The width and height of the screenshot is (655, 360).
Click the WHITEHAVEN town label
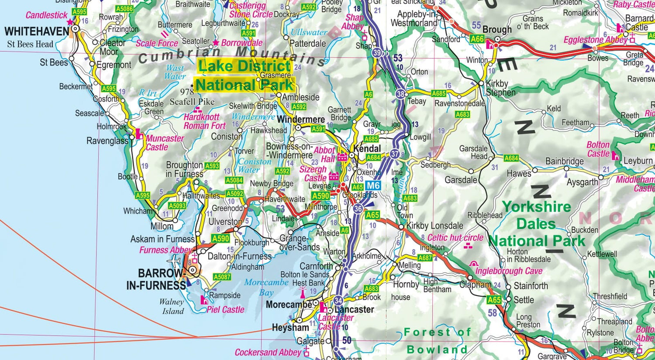tap(37, 31)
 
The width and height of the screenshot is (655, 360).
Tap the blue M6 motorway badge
tap(373, 185)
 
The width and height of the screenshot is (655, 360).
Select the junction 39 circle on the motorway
tap(377, 53)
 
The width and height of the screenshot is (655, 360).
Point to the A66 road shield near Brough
tap(477, 39)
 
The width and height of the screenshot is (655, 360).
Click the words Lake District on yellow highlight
tap(244, 66)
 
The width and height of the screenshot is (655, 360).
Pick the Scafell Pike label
tap(192, 102)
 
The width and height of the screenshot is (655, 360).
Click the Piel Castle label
tap(225, 309)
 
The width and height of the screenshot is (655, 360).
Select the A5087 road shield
tap(222, 277)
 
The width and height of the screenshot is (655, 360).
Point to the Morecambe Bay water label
tap(266, 287)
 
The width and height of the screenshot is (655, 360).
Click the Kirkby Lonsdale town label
tap(434, 226)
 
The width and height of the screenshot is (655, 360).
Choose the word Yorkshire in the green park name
tap(537, 207)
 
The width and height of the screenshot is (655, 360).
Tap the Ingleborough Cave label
tap(509, 271)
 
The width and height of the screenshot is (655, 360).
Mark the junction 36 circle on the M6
tap(358, 209)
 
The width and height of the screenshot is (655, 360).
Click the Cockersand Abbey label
tap(268, 352)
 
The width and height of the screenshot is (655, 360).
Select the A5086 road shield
tap(124, 9)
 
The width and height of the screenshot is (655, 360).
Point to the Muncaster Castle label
tap(165, 143)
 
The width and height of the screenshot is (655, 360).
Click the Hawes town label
tap(519, 174)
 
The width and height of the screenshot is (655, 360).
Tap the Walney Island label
tap(172, 306)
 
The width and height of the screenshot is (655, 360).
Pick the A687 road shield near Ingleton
tap(425, 258)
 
